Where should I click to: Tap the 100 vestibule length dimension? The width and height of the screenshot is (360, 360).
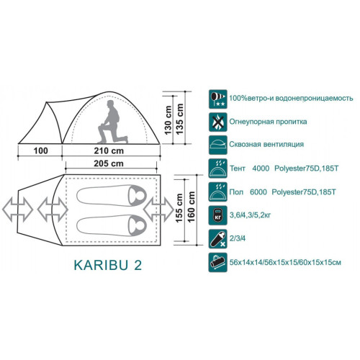41,150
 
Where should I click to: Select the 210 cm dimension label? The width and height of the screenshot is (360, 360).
109,150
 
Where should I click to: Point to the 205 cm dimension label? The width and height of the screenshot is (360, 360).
109,163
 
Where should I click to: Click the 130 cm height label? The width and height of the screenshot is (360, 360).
168,120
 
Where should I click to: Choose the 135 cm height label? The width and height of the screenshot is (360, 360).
180,119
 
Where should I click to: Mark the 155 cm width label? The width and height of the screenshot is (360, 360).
179,208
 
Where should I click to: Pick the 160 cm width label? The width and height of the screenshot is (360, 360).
192,207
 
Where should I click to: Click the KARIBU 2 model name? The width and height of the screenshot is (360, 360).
108,265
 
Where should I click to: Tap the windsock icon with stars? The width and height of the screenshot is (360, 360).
217,99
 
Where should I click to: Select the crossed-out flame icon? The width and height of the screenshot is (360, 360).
217,122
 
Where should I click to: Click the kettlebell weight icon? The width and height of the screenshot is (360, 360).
217,215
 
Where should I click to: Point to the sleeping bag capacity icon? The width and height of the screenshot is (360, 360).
217,238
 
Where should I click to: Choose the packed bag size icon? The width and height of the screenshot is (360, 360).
217,262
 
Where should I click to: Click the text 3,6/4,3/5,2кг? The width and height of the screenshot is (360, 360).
250,215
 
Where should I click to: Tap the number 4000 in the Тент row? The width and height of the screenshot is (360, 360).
261,168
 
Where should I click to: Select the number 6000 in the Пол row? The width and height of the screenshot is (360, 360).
258,192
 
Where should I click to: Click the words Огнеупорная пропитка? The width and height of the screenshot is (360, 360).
268,122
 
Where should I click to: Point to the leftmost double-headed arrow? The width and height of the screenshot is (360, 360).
17,210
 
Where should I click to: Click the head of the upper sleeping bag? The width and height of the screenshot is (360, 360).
137,195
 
